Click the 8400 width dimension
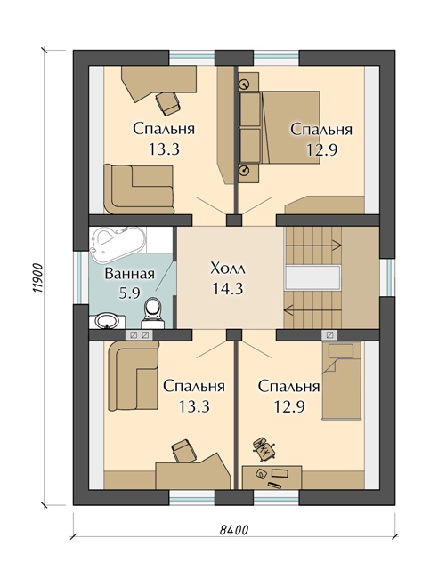pos(234,530)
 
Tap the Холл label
pos(227,269)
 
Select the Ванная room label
pos(130,274)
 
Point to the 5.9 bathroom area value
pos(130,293)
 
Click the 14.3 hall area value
pos(227,289)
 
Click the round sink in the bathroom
pos(106,321)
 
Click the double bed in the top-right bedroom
pos(280,127)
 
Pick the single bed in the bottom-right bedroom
pos(341,380)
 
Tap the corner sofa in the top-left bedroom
pos(138,189)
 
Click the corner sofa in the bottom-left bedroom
pos(134,375)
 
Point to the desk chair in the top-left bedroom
pos(168,103)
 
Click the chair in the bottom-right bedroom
pos(264,448)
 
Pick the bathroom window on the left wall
pos(81,278)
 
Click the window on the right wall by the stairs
pos(386,277)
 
